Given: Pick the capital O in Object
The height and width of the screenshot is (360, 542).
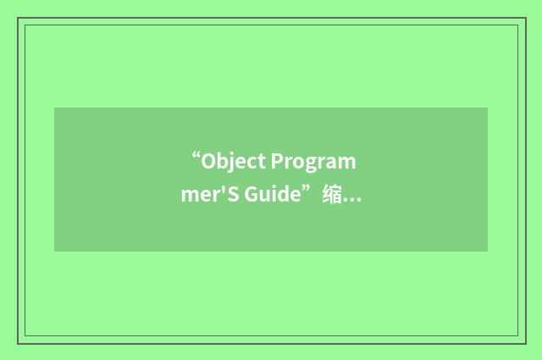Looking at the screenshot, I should pyautogui.click(x=210, y=162).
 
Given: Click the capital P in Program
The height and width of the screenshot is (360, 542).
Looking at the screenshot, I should pyautogui.click(x=276, y=162).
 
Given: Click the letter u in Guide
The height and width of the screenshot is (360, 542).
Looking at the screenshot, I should pyautogui.click(x=265, y=196).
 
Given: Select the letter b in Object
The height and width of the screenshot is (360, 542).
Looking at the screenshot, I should pyautogui.click(x=224, y=162).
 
